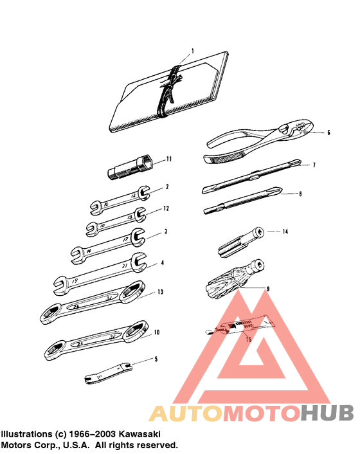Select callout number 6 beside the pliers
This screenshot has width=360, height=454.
point(328,133)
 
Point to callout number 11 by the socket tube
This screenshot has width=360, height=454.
point(169,158)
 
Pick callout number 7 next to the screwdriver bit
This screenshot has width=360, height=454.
point(314,165)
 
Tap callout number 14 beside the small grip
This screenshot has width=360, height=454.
point(285,231)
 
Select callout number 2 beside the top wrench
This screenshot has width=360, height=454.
point(166,186)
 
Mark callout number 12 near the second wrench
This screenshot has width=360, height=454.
point(166,208)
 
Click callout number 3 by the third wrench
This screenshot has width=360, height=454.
point(166,232)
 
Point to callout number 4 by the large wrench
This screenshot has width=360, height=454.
point(163,262)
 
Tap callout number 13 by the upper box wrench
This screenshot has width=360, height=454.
point(161,291)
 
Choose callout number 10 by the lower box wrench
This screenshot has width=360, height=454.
point(156,332)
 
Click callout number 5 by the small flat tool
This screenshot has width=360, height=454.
point(155,359)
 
